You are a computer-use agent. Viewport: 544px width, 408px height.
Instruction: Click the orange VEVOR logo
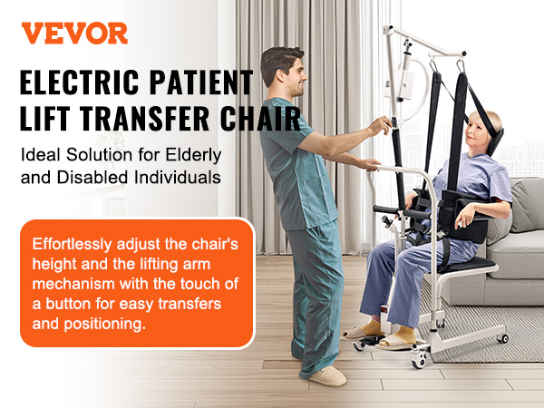(74, 34)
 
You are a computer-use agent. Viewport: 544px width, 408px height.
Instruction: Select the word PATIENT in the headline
(201, 83)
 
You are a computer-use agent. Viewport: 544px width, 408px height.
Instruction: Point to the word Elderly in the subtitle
(193, 155)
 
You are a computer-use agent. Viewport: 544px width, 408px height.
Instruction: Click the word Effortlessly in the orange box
(73, 244)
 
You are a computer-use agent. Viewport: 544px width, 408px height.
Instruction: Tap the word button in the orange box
(69, 304)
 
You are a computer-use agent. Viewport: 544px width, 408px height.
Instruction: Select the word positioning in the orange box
(104, 325)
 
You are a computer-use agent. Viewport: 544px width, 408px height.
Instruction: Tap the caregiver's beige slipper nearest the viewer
(327, 376)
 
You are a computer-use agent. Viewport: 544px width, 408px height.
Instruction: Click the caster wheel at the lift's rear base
(503, 338)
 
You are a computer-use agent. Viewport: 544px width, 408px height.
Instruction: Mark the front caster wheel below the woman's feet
(419, 361)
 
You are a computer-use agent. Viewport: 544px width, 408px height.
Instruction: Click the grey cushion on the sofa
(527, 205)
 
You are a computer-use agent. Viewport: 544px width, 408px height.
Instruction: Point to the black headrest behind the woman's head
(496, 141)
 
